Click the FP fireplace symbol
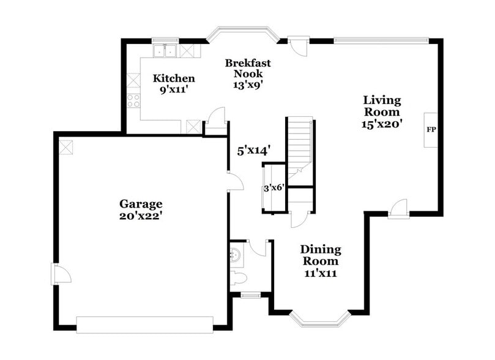[431, 130]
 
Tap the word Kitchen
[174, 78]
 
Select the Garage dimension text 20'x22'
[141, 216]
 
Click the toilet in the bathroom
[239, 279]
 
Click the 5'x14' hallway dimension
[254, 151]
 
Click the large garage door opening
[144, 324]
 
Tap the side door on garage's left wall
[60, 274]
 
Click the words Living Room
[382, 106]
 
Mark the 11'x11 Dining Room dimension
[320, 273]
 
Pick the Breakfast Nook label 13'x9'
[247, 85]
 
